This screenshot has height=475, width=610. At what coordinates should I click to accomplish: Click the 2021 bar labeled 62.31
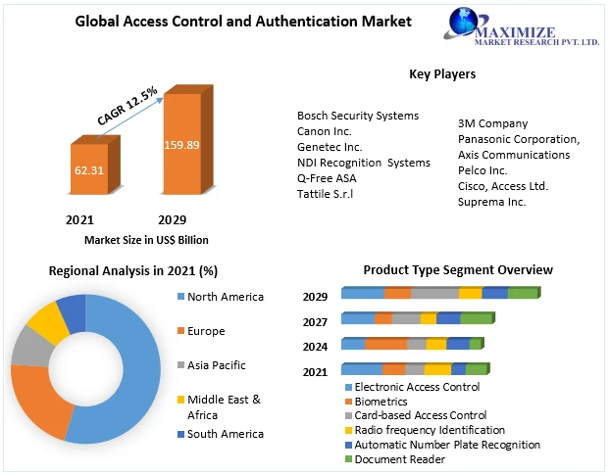point(88,169)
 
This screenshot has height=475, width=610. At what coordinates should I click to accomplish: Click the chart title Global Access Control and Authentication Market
point(244,21)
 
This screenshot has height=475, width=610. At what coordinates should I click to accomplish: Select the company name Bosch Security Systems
point(358,116)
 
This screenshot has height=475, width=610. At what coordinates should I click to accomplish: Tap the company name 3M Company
point(492,123)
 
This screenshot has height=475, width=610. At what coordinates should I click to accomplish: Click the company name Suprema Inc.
point(491,202)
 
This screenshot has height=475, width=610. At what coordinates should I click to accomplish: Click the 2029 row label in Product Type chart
point(315,297)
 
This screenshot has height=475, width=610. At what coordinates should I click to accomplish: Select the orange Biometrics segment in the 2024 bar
point(385,344)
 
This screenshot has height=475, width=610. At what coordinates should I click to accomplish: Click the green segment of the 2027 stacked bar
point(477,318)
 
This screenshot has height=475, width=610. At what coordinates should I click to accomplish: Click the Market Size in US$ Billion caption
point(145,240)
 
